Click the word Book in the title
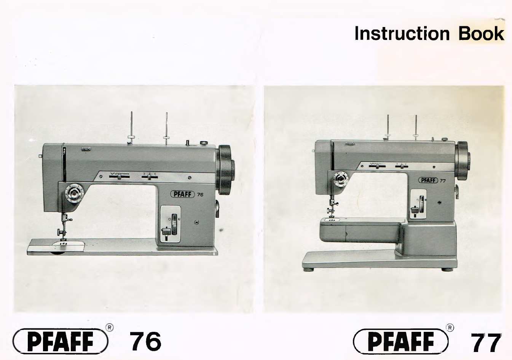pos(481,33)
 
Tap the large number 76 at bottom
pos(145,341)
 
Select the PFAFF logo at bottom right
pos(401,341)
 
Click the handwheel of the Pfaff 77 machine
pos(463,160)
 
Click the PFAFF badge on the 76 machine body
pos(182,194)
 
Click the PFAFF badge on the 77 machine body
pos(428,180)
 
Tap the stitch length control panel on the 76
pos(171,224)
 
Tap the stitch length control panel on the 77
pos(418,205)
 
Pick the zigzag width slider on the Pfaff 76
pos(119,176)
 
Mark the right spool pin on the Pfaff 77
pos(416,126)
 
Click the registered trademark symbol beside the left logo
pos(109,327)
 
